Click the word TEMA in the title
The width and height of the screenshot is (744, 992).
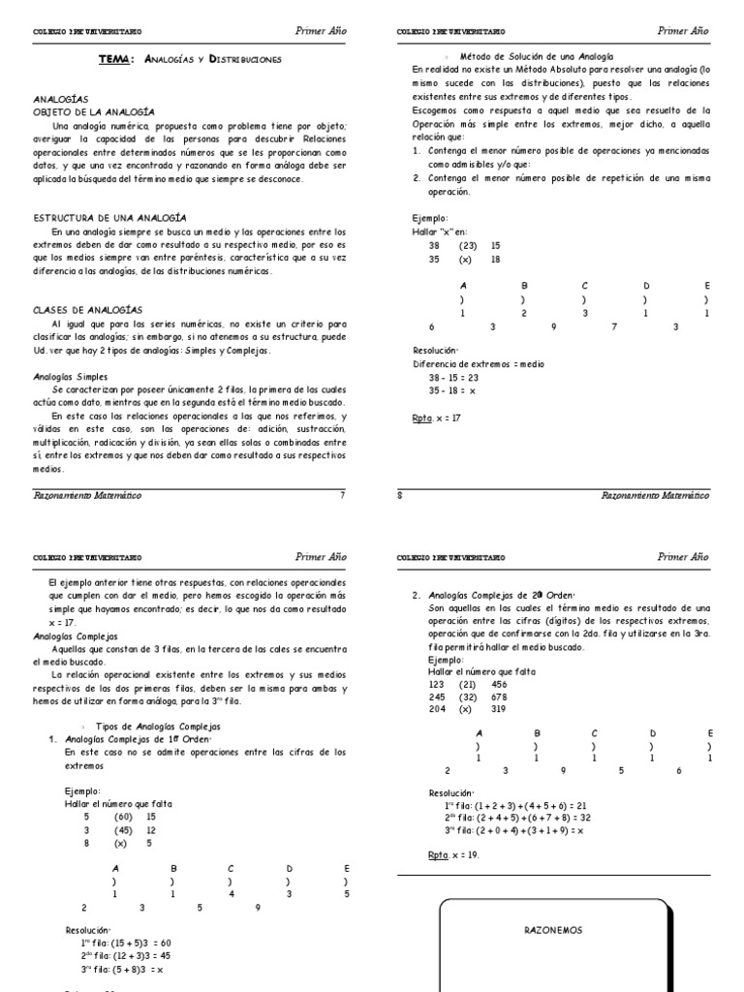[x=117, y=59]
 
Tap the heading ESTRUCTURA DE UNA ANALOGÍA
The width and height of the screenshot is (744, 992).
[x=109, y=217]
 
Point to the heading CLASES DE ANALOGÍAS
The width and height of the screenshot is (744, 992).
[x=88, y=309]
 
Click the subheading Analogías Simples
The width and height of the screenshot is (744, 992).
[x=71, y=376]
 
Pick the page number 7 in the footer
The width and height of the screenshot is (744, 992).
[x=341, y=495]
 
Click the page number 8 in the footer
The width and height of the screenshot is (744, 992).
[x=400, y=495]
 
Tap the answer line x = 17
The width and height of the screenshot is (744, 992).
[x=437, y=418]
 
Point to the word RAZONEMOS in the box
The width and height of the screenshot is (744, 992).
[x=554, y=929]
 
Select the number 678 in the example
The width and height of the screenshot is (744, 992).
[x=499, y=696]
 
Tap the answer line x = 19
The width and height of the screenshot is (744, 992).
[x=453, y=855]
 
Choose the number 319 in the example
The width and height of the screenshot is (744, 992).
[x=499, y=708]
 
